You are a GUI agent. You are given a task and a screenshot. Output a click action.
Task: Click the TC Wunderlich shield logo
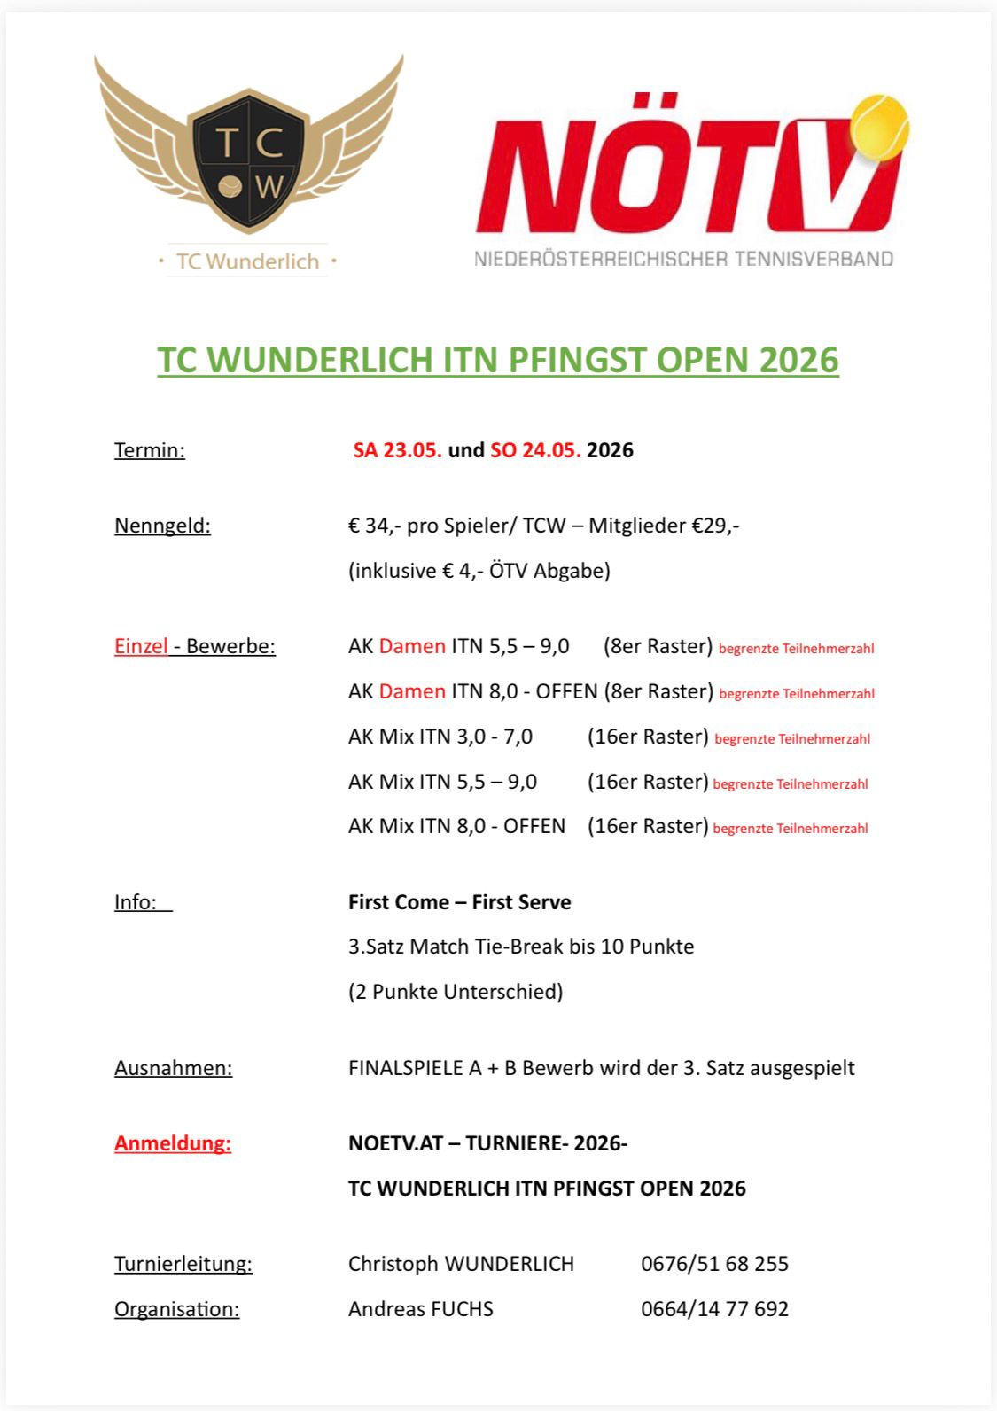[249, 160]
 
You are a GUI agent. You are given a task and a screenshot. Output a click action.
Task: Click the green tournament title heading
[498, 360]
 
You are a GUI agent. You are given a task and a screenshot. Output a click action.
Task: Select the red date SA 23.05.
[397, 450]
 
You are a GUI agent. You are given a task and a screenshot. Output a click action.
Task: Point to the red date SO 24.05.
[535, 450]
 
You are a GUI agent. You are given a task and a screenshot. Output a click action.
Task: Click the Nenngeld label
[162, 526]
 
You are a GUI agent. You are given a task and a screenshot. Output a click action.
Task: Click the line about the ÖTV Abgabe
[479, 571]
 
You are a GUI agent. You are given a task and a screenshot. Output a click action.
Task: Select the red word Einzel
[141, 646]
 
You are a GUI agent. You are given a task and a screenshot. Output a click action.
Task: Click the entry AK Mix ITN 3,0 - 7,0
[440, 737]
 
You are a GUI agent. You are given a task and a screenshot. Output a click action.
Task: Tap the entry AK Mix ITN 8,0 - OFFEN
[456, 826]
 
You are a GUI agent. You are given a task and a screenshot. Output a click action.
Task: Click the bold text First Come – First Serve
[459, 902]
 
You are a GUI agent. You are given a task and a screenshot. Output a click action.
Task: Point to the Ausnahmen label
[173, 1068]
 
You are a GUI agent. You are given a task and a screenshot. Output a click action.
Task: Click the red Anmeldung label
[173, 1143]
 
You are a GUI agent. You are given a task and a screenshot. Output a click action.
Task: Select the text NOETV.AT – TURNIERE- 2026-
[487, 1143]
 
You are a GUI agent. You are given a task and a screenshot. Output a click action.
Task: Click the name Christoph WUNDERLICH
[461, 1264]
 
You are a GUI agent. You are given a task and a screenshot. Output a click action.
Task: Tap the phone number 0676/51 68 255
[714, 1264]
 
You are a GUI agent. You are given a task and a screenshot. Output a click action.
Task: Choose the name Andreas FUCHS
[421, 1309]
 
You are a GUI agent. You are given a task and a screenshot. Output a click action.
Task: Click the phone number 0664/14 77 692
[714, 1309]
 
